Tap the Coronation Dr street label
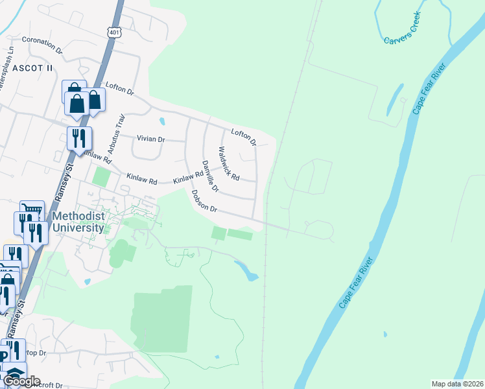(42, 44)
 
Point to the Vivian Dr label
(150, 139)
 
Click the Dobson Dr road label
(203, 201)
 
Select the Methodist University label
(78, 222)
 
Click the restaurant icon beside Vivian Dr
(80, 138)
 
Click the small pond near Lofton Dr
(162, 121)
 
